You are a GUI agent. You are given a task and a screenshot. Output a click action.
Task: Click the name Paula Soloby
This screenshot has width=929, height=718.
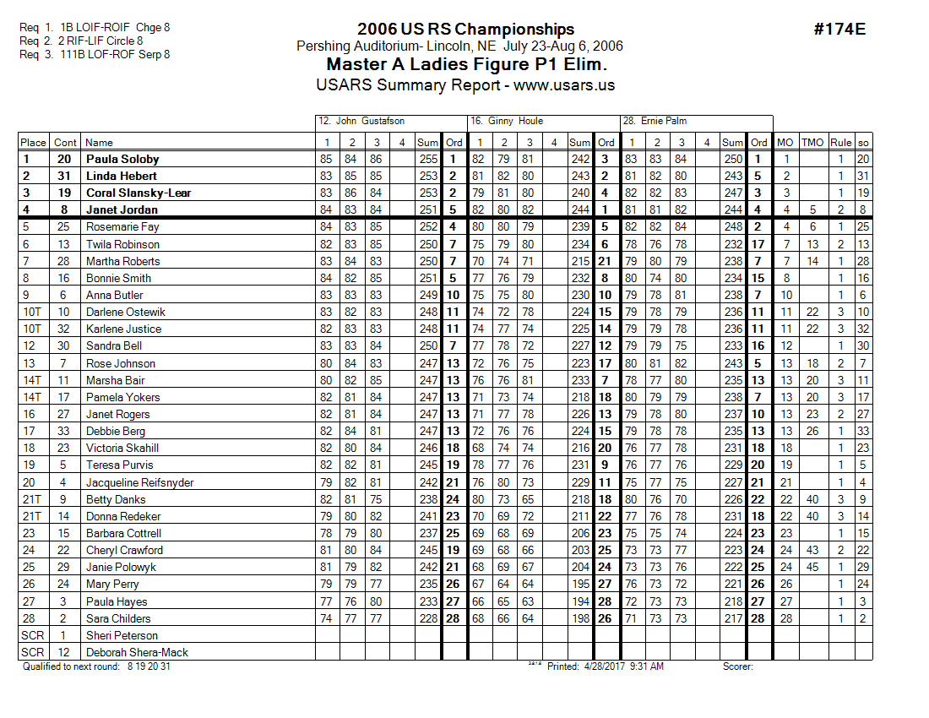click(122, 159)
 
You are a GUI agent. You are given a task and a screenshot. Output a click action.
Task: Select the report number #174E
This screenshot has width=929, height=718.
click(839, 30)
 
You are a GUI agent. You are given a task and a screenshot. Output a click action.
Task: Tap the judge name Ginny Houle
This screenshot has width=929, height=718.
click(507, 122)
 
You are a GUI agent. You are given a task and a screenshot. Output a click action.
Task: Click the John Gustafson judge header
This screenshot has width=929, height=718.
click(360, 122)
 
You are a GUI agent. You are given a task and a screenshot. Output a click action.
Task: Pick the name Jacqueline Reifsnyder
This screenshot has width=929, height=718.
click(139, 482)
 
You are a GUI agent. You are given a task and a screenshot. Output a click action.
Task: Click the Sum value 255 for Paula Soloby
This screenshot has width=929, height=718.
click(428, 159)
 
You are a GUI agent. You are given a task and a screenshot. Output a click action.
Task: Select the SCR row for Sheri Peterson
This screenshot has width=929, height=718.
click(33, 635)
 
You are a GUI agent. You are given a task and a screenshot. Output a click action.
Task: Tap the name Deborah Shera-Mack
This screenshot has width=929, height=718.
click(137, 652)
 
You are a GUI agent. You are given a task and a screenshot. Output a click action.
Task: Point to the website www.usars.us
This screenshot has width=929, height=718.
click(564, 84)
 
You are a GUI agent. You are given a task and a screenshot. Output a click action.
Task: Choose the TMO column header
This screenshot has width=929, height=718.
click(812, 143)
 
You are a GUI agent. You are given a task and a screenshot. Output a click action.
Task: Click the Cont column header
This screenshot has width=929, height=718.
click(64, 143)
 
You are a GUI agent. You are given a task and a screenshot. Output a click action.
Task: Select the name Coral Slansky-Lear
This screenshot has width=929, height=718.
click(138, 193)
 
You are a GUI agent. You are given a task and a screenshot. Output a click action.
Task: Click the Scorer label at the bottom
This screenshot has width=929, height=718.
click(737, 666)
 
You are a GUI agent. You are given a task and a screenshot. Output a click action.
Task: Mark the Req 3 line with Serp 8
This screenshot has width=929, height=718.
click(95, 54)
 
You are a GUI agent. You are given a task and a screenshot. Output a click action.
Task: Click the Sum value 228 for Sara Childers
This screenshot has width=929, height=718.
click(428, 618)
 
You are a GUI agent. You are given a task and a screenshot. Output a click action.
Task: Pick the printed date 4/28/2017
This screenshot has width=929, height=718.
click(605, 666)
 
